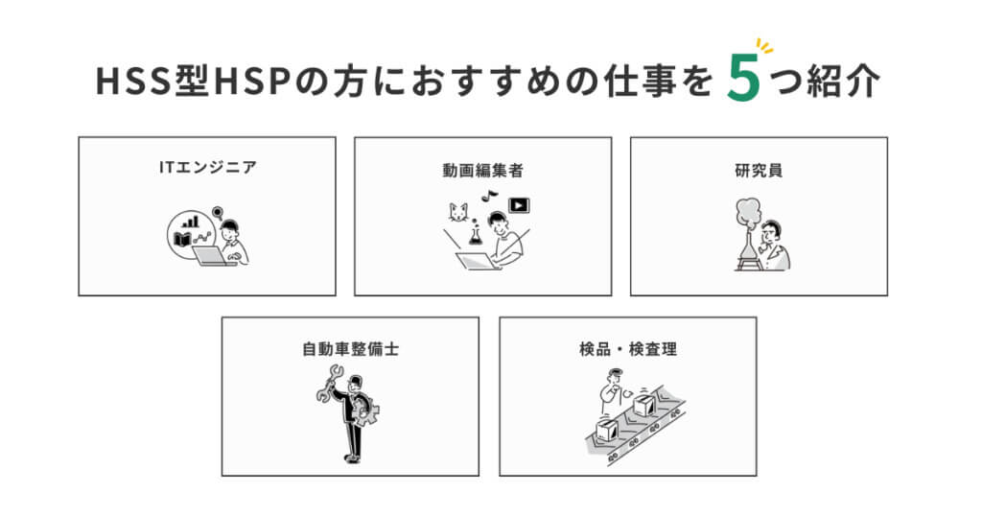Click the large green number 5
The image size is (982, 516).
click(743, 78)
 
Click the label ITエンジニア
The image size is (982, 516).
click(207, 167)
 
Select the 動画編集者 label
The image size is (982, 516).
click(482, 171)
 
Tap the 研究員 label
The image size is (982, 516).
click(759, 171)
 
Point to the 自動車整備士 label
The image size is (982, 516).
click(350, 349)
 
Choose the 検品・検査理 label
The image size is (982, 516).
click(627, 349)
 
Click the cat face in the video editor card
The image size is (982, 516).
click(457, 212)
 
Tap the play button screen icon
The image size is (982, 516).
click(519, 205)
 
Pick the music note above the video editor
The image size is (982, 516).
click(489, 196)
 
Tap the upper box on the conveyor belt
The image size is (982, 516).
click(643, 405)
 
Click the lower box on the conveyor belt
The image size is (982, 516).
click(606, 429)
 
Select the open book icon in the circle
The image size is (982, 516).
click(182, 239)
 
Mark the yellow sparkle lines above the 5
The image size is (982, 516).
click(764, 46)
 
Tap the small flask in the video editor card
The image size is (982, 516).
click(475, 234)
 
